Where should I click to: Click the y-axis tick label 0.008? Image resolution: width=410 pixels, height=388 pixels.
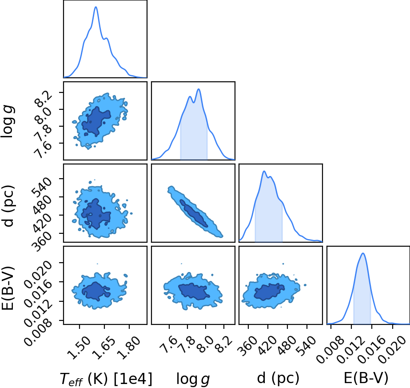tap(38, 332)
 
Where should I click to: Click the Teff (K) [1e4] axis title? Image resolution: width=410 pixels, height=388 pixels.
tap(106, 379)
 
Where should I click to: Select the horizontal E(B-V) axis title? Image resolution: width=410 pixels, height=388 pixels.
tap(366, 378)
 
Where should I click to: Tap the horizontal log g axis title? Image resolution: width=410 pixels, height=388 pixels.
tap(193, 379)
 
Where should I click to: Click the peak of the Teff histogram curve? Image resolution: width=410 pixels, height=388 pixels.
tap(96, 7)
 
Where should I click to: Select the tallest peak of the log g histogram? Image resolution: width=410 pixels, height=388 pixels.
tap(199, 89)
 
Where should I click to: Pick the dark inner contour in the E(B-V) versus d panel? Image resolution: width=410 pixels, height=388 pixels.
tap(269, 292)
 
